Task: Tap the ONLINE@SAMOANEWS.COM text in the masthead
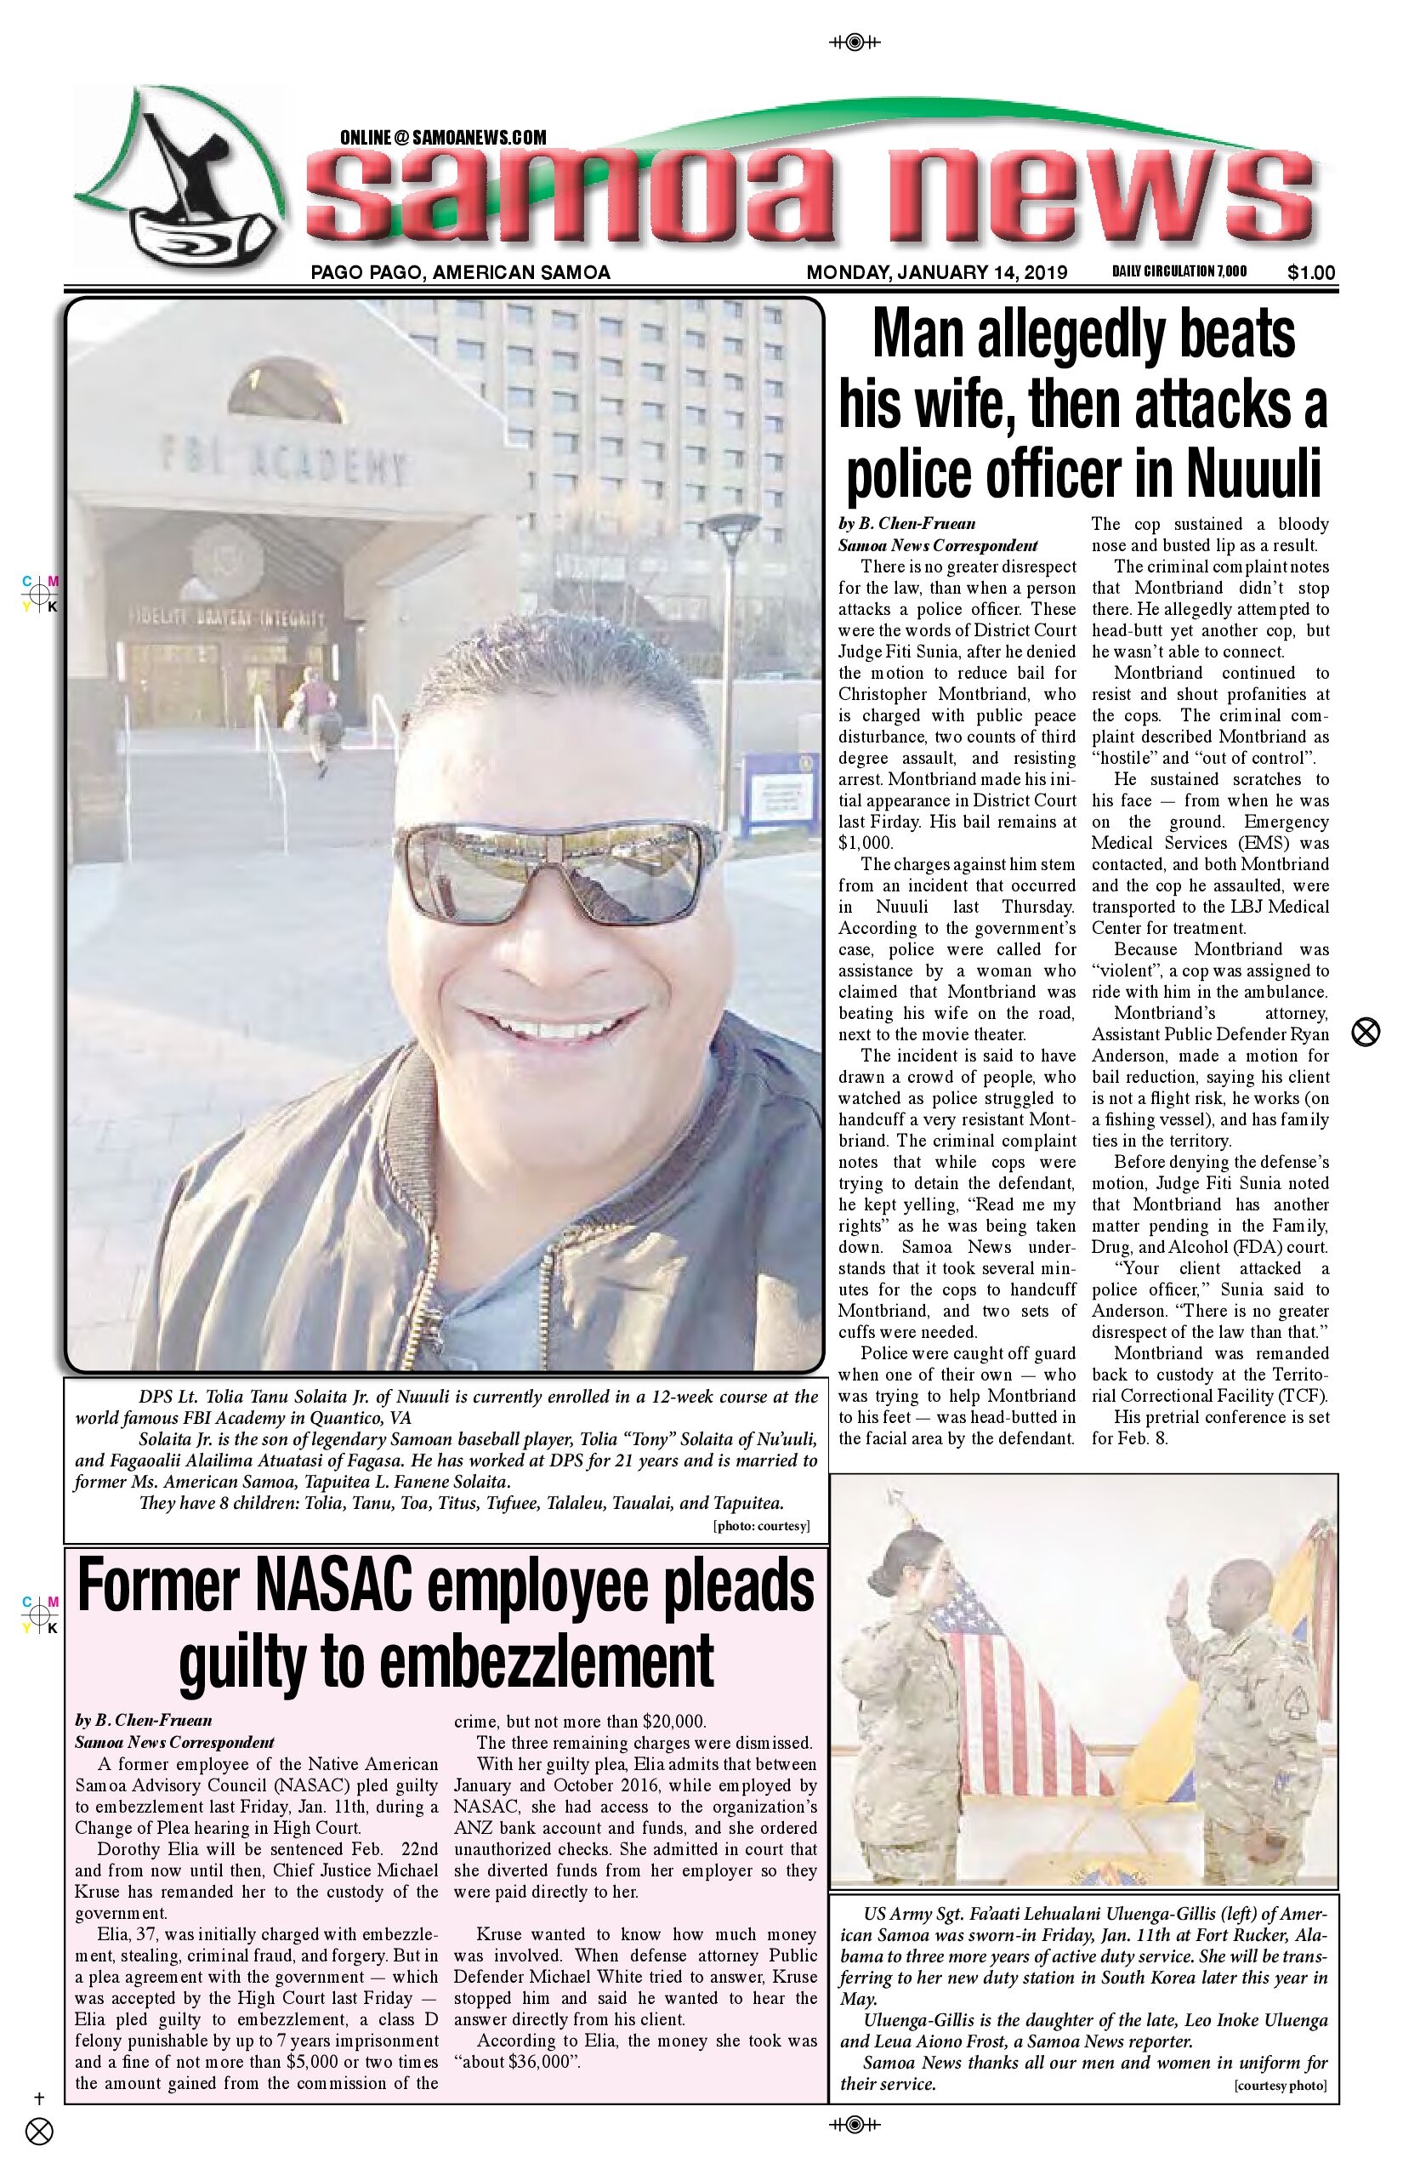443,138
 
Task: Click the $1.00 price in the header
1311,272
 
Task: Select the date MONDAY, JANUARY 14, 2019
936,272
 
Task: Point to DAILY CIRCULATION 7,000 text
1179,271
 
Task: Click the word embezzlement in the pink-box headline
546,1662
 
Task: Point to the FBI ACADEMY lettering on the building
283,460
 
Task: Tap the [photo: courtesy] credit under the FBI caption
761,1527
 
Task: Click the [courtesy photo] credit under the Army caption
1280,2086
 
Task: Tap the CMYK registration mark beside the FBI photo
41,594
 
